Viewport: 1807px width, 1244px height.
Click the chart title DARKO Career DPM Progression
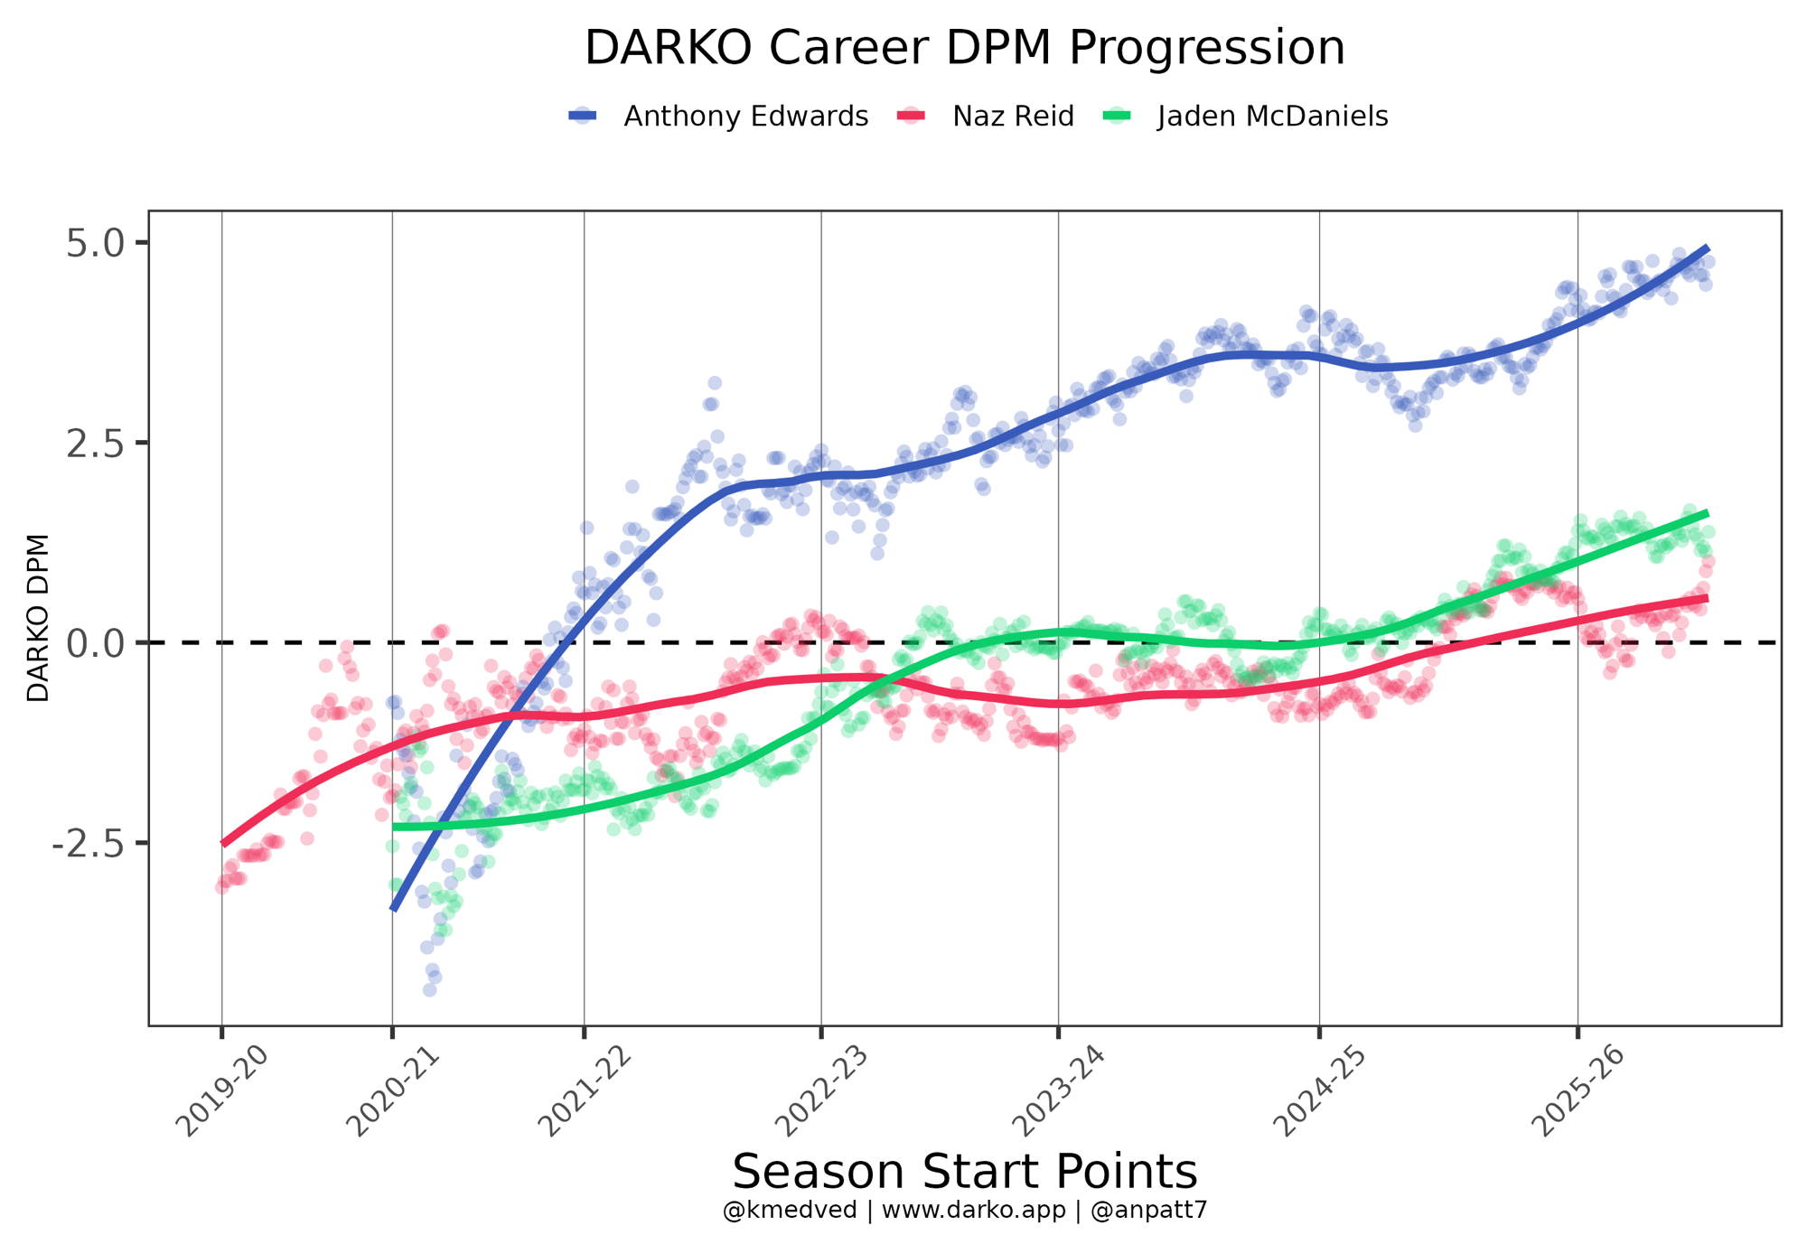964,49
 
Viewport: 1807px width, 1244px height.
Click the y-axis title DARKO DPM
38,618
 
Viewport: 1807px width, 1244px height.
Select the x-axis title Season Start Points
964,1172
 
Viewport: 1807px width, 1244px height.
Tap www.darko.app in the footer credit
973,1211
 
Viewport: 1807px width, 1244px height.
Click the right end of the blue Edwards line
1706,248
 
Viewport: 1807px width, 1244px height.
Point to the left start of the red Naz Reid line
223,843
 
